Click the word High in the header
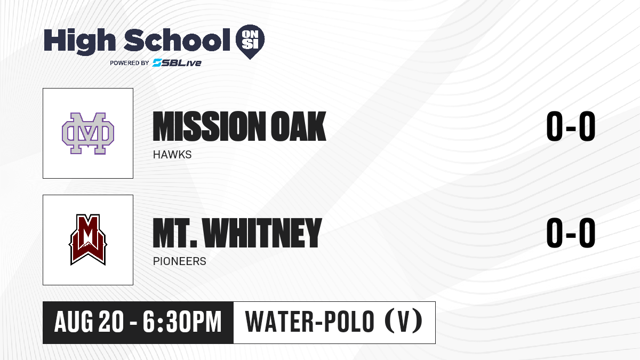point(79,42)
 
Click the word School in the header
point(177,40)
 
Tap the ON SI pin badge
point(250,42)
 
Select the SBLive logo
point(177,62)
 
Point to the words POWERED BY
point(130,63)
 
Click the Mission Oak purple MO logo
point(88,133)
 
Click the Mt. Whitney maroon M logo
point(88,239)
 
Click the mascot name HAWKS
point(172,155)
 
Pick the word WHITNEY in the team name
point(263,233)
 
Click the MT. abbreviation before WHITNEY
point(175,233)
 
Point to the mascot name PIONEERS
point(179,261)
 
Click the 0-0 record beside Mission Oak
point(571,126)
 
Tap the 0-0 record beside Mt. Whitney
point(571,233)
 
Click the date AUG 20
point(89,322)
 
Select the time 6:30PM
point(182,322)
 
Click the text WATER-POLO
point(310,321)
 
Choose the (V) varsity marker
point(403,321)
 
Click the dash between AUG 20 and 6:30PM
point(133,323)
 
